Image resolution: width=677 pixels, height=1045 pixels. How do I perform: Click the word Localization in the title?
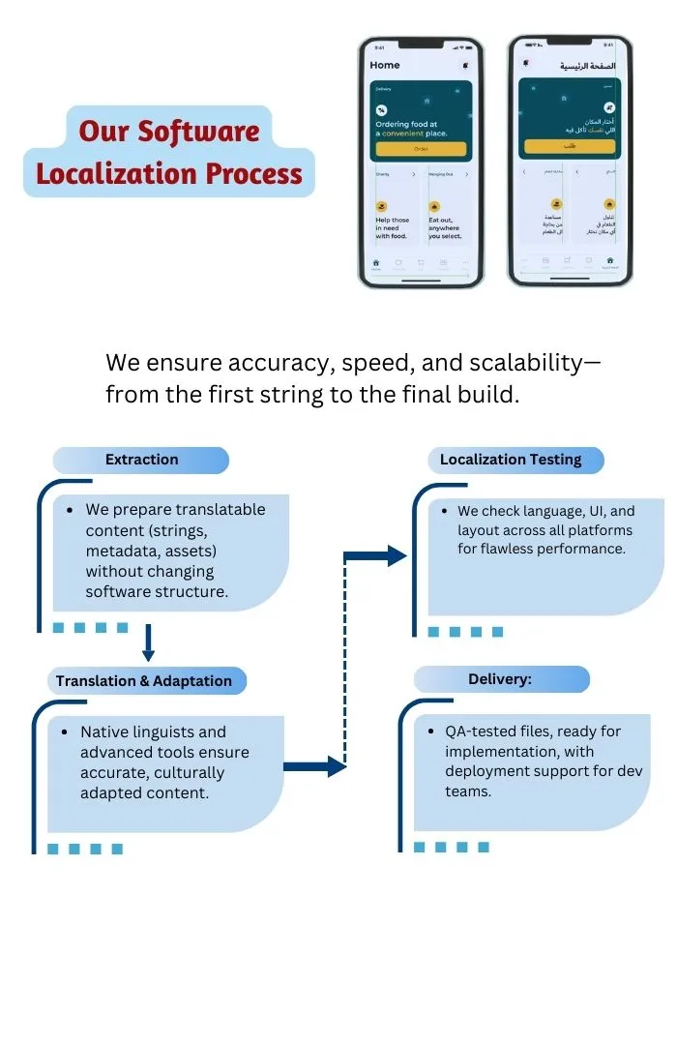[x=105, y=174]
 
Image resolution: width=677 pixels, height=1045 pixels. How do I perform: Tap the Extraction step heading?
[x=141, y=460]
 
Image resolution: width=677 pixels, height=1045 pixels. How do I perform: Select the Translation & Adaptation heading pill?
[x=144, y=681]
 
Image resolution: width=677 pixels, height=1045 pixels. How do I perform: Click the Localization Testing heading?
[x=511, y=460]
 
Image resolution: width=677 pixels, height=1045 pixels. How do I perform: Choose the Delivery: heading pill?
[x=500, y=679]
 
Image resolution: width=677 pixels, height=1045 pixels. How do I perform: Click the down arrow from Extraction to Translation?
[x=148, y=641]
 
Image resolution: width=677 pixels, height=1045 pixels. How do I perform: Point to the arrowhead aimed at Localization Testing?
[x=396, y=555]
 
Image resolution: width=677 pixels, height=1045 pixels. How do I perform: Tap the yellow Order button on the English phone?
[x=421, y=149]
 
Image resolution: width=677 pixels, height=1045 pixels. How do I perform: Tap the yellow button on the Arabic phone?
[x=570, y=146]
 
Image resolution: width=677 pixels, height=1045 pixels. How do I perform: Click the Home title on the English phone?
[x=385, y=65]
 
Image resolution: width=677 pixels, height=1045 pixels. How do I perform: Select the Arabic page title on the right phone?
[x=587, y=66]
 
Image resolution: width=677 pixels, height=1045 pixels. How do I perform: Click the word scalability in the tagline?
[x=521, y=363]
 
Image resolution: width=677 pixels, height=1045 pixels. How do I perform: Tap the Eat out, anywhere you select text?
[x=445, y=227]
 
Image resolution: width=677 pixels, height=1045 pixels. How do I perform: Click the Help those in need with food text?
[x=392, y=227]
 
